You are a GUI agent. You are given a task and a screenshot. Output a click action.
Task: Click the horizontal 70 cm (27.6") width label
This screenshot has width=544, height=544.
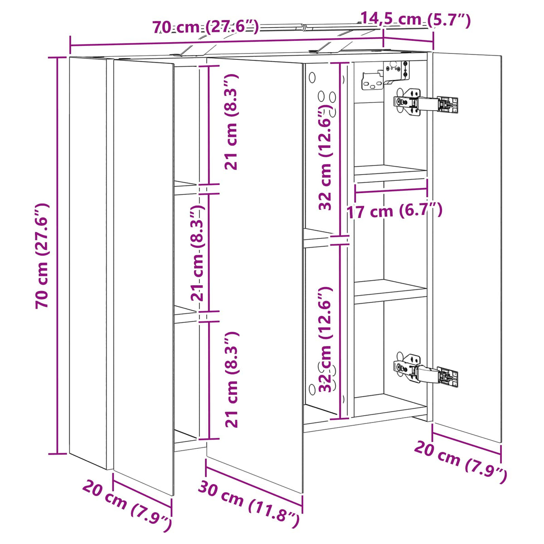205,27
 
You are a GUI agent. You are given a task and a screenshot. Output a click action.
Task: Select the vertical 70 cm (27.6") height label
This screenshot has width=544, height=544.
42,256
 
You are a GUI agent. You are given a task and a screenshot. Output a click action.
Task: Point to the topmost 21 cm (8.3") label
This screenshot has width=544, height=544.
232,121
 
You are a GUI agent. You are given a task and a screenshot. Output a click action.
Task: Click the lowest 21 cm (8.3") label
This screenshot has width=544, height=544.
232,380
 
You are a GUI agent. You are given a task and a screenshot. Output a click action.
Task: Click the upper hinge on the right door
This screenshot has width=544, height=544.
426,102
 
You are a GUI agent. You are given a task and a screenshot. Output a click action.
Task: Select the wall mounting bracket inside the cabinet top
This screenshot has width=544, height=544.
386,76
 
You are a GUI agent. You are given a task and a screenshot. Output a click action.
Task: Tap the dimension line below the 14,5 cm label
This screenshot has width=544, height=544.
408,39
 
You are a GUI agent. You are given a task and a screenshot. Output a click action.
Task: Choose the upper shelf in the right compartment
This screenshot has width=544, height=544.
390,172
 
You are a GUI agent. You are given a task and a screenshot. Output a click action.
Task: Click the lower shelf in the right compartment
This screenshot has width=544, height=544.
390,292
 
